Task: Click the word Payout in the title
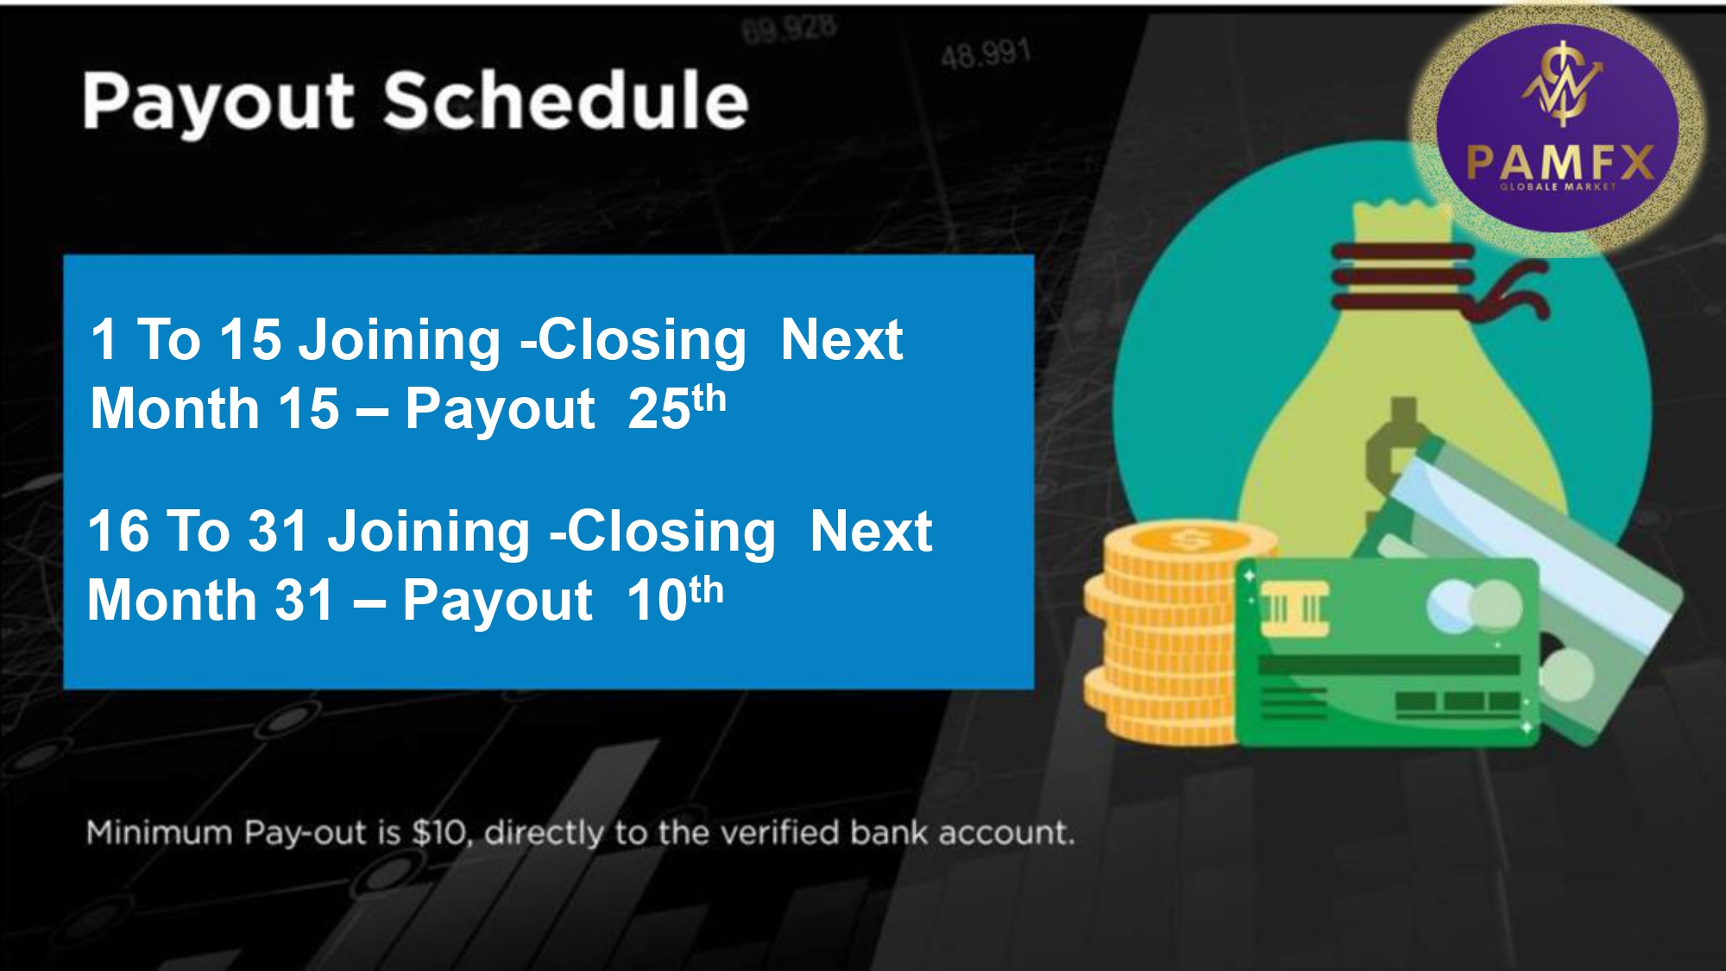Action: pos(217,101)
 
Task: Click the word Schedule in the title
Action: pos(566,99)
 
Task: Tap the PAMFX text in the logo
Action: pos(1560,161)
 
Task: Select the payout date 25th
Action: pos(677,407)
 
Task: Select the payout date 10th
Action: pos(675,598)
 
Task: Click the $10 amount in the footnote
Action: pos(441,833)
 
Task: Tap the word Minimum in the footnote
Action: pos(160,833)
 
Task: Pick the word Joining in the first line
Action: pos(399,341)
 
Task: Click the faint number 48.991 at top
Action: pos(986,54)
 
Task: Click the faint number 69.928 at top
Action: pos(789,28)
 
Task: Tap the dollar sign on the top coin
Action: pos(1190,541)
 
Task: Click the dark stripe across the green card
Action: pos(1389,665)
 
